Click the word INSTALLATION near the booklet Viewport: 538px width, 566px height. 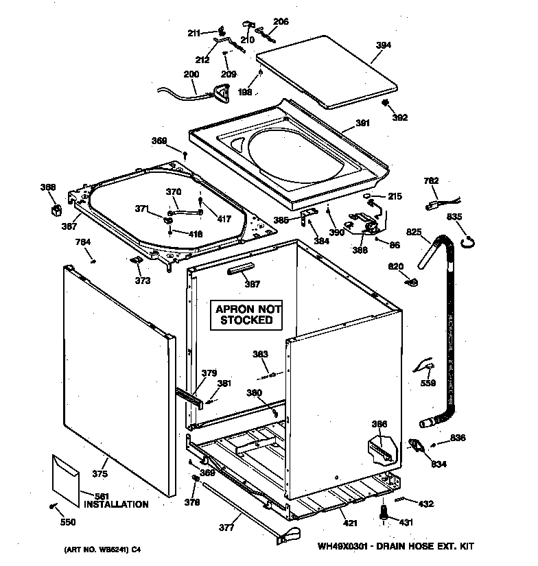[x=115, y=504]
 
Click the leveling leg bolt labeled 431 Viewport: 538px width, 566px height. [x=383, y=511]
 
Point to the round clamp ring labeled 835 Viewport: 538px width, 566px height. [x=469, y=240]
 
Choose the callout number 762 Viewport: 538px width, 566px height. [x=431, y=181]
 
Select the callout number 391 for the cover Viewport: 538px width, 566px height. [x=362, y=123]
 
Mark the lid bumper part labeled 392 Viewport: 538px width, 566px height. [x=386, y=104]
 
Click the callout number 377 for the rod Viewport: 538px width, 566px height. [x=226, y=528]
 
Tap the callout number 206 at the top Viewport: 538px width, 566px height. [x=281, y=22]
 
